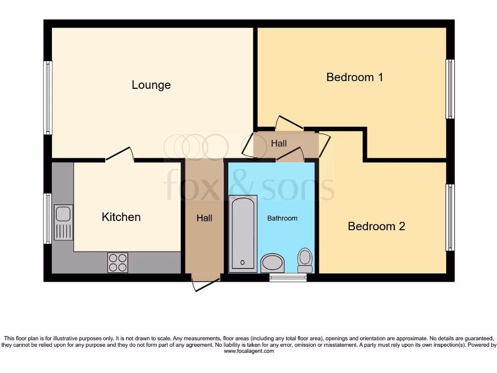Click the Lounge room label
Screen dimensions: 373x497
(151, 85)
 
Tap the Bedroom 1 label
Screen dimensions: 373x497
(355, 77)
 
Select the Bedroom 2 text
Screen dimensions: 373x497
(376, 226)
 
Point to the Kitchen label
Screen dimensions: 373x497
(121, 217)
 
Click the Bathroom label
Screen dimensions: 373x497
(282, 219)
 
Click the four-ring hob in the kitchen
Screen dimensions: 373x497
(117, 263)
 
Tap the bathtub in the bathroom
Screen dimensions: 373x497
(243, 232)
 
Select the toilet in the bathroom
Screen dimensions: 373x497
(305, 260)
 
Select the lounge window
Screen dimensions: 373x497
(48, 98)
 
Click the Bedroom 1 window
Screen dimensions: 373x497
(450, 89)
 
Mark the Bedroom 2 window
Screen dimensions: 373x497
(450, 217)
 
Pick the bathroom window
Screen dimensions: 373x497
(288, 278)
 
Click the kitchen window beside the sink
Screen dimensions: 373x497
(48, 219)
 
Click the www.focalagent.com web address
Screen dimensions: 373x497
(248, 351)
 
